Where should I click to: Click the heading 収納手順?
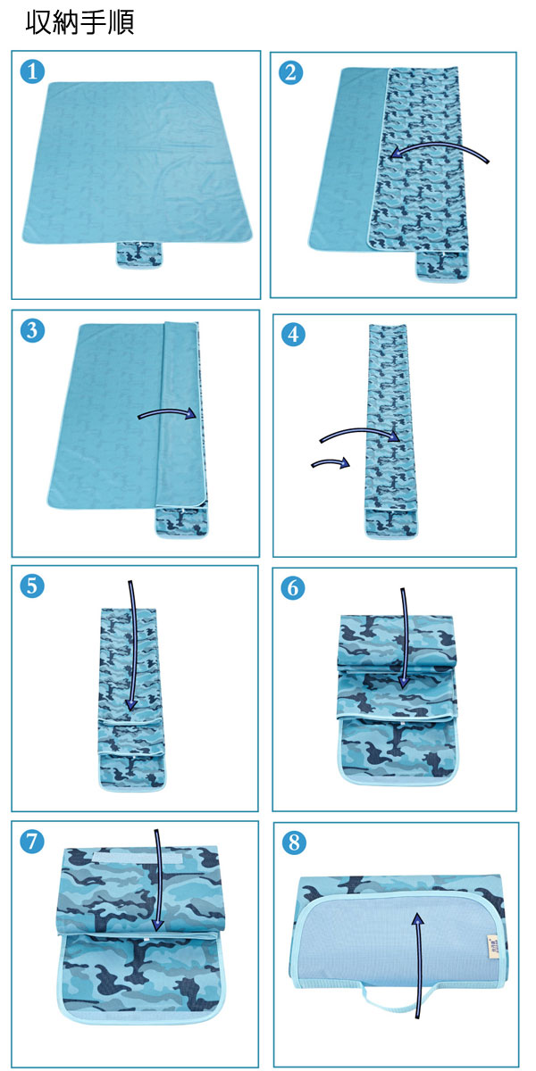(x=80, y=22)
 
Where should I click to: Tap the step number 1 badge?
(x=32, y=71)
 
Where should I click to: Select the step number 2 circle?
(x=291, y=72)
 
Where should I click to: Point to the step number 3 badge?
(x=32, y=330)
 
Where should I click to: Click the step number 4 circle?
(x=293, y=334)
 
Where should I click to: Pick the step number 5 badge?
(x=32, y=585)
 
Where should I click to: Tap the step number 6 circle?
(x=293, y=588)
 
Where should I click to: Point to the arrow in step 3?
(x=168, y=412)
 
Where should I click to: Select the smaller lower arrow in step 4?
(x=331, y=462)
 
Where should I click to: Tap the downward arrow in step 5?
(x=133, y=645)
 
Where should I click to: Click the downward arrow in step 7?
(x=157, y=880)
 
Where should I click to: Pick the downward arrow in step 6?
(x=405, y=638)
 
